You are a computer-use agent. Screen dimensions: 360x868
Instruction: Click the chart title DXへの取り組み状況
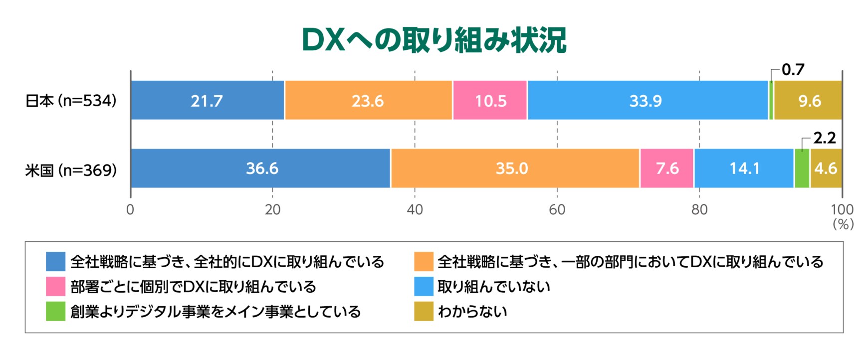(434, 40)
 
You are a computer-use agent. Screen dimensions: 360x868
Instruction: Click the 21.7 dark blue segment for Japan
(207, 101)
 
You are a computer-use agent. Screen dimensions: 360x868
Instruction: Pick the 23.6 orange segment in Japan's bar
(368, 101)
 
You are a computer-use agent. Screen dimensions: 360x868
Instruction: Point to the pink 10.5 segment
(490, 101)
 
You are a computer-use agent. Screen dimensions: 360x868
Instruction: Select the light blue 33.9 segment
(647, 101)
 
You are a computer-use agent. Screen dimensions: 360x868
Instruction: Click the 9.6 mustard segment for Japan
(808, 101)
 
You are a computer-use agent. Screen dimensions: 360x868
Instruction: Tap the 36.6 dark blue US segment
(261, 169)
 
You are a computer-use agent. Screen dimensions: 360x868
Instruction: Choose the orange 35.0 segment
(514, 169)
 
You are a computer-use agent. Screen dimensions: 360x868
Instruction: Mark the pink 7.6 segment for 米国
(667, 169)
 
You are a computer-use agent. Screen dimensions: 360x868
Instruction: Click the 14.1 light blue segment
(744, 169)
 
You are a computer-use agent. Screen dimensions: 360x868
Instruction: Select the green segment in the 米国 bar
(802, 169)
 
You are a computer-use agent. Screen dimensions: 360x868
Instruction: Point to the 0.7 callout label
(793, 70)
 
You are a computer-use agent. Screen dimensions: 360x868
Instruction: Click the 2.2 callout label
(824, 138)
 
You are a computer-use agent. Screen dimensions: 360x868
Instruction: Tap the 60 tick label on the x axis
(557, 210)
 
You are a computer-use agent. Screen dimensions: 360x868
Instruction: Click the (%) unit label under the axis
(843, 225)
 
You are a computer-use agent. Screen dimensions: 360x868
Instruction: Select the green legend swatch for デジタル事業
(55, 312)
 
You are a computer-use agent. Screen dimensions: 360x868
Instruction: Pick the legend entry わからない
(472, 312)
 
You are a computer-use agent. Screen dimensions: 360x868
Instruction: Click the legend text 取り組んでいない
(494, 287)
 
